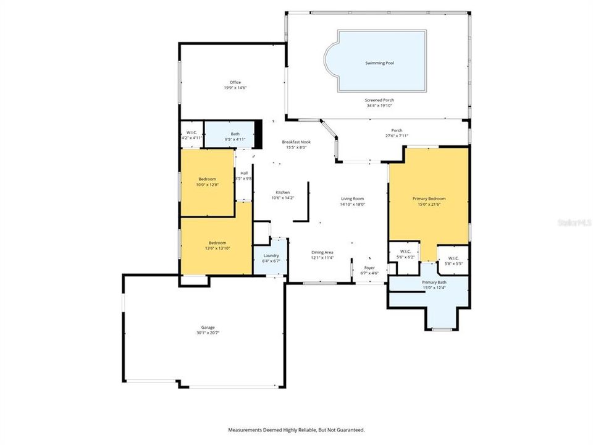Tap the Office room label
point(235,82)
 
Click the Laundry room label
point(271,255)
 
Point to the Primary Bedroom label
point(429,198)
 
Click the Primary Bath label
point(434,282)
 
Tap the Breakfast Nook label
point(296,142)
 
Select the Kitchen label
point(283,192)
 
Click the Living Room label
point(353,198)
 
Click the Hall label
point(244,173)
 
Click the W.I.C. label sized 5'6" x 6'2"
point(405,251)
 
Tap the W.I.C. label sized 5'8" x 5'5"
point(453,258)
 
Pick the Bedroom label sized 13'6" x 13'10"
point(217,243)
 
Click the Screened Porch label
point(379,100)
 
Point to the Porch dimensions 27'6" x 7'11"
point(397,136)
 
